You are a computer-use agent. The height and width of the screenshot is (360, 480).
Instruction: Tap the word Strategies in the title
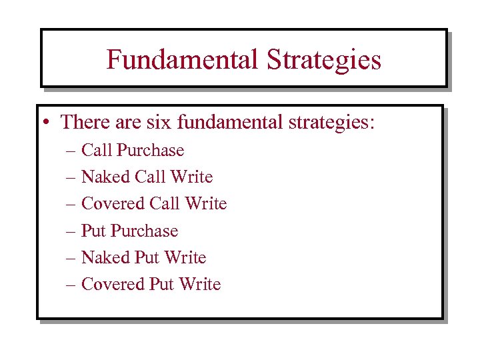point(324,60)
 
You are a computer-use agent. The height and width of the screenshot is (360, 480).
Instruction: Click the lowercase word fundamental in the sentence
point(228,123)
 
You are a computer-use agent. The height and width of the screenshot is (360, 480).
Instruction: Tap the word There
point(85,123)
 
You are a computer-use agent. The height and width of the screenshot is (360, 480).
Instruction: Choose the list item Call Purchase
point(132,151)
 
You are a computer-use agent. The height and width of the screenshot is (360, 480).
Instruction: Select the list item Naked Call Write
point(147,177)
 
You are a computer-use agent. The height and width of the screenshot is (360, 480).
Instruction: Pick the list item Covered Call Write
point(154,204)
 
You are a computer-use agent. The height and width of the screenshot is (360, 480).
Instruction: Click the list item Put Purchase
point(129,231)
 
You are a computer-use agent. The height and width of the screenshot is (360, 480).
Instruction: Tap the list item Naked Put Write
point(143,258)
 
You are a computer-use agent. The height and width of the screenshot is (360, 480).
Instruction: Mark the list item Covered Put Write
point(151,285)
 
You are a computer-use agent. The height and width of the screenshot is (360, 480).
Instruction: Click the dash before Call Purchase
point(71,151)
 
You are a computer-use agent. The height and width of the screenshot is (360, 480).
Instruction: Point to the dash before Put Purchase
point(71,231)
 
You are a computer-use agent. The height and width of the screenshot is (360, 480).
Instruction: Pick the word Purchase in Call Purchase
point(150,151)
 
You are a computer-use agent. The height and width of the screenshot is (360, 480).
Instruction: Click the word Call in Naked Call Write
point(151,177)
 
